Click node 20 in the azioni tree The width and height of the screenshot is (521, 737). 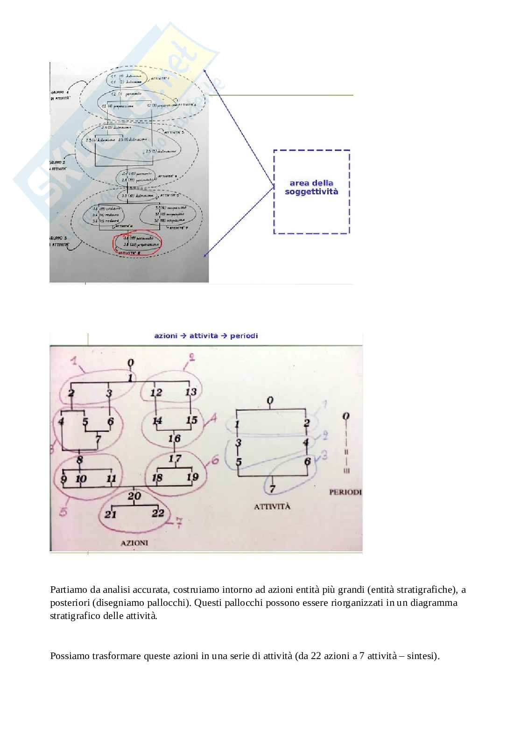pos(134,496)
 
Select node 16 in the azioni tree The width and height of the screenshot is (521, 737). pos(174,438)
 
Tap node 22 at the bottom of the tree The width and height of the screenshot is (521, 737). pos(158,513)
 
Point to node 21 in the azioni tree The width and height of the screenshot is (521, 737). pos(110,514)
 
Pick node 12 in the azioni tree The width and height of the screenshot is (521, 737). pos(156,393)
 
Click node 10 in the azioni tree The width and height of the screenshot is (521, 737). pos(81,479)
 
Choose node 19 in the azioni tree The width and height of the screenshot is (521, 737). pos(192,477)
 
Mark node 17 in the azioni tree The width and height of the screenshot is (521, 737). pos(175,459)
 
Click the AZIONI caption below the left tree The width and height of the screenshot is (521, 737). pos(134,543)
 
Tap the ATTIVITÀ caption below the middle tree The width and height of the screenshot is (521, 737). pos(272,506)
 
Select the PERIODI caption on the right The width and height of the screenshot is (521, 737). pos(345,492)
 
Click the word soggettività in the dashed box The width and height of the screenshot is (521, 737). pos(311,192)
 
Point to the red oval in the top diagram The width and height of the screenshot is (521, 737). pos(137,244)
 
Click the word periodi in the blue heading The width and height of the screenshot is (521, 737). pos(244,336)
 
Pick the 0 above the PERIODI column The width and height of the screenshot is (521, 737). pos(345,416)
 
